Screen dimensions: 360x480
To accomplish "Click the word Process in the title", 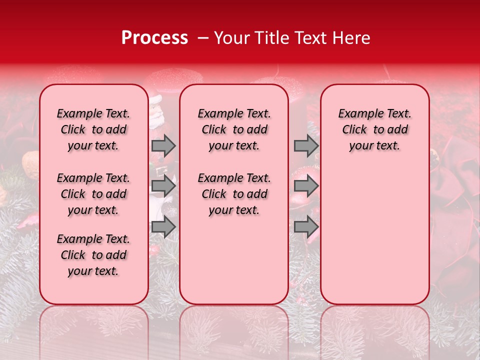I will point(154,38).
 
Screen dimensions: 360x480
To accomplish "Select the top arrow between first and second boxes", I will point(163,145).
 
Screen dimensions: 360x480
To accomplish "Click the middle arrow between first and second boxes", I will point(163,186).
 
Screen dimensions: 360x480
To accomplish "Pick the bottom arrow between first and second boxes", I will point(163,227).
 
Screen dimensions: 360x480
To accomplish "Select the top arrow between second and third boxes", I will point(306,145).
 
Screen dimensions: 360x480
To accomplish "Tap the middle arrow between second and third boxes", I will point(306,186).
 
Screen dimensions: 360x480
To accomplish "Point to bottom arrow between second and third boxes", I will point(306,227).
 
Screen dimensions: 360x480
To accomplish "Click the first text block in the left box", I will point(93,129).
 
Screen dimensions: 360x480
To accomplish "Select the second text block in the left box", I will point(93,194).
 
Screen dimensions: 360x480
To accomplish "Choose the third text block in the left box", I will point(93,255).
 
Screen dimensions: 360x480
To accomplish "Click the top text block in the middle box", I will point(234,129).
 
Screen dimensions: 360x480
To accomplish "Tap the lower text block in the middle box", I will point(234,194).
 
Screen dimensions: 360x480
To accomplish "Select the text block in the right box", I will point(374,129).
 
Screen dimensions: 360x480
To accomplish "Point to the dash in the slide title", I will point(201,38).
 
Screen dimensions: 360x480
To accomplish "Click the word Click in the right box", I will point(354,129).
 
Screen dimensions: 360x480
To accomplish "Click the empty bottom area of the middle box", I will point(234,265).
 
